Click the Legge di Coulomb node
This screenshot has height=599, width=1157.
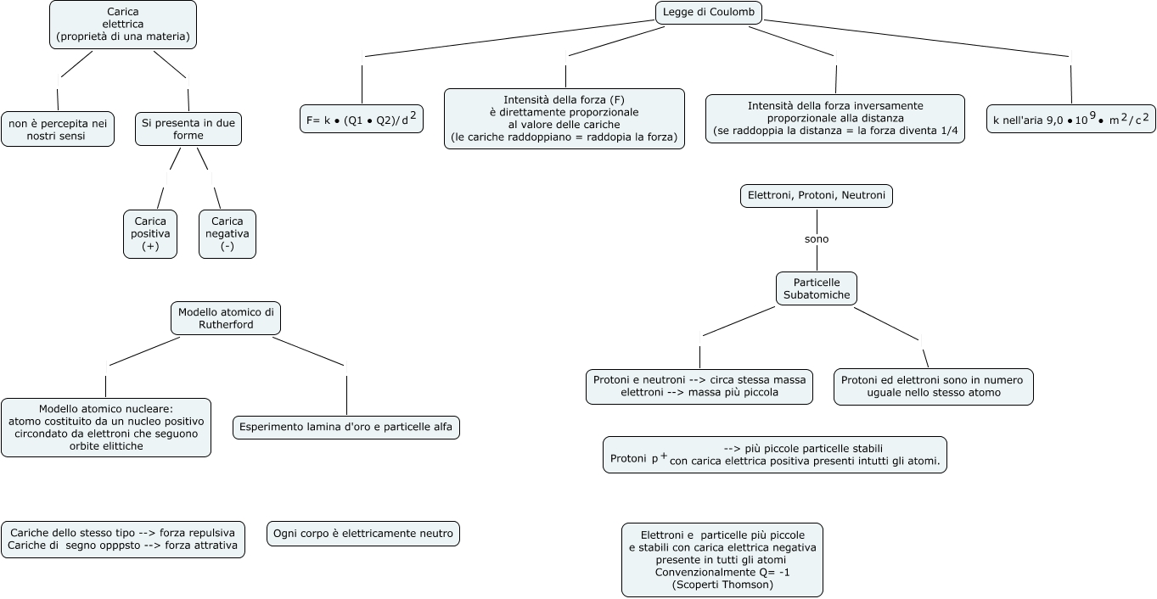click(x=709, y=12)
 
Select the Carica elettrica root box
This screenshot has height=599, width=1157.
click(x=123, y=25)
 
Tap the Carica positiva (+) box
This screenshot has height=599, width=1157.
click(x=150, y=233)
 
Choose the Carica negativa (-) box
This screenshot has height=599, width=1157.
click(x=227, y=233)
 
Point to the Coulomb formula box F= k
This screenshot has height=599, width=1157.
click(x=362, y=120)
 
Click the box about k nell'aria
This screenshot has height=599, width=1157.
click(x=1071, y=120)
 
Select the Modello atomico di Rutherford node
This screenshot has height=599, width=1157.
click(x=225, y=318)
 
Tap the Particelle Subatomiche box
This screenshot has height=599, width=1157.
click(x=817, y=288)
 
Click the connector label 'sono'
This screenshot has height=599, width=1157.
click(x=817, y=239)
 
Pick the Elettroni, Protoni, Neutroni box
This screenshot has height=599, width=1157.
click(x=817, y=196)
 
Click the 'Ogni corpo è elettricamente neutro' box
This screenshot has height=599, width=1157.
click(x=363, y=534)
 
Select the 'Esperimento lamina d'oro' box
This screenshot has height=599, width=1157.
click(x=346, y=427)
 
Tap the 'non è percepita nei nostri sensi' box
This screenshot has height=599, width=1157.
click(x=58, y=129)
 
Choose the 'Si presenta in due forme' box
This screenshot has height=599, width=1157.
click(x=188, y=129)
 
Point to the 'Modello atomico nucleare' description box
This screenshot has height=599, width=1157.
click(x=106, y=427)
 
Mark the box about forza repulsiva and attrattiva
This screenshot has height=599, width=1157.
click(x=123, y=540)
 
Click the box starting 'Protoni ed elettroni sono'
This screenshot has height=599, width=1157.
click(x=934, y=386)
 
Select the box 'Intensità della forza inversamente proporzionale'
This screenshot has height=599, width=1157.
click(x=835, y=119)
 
